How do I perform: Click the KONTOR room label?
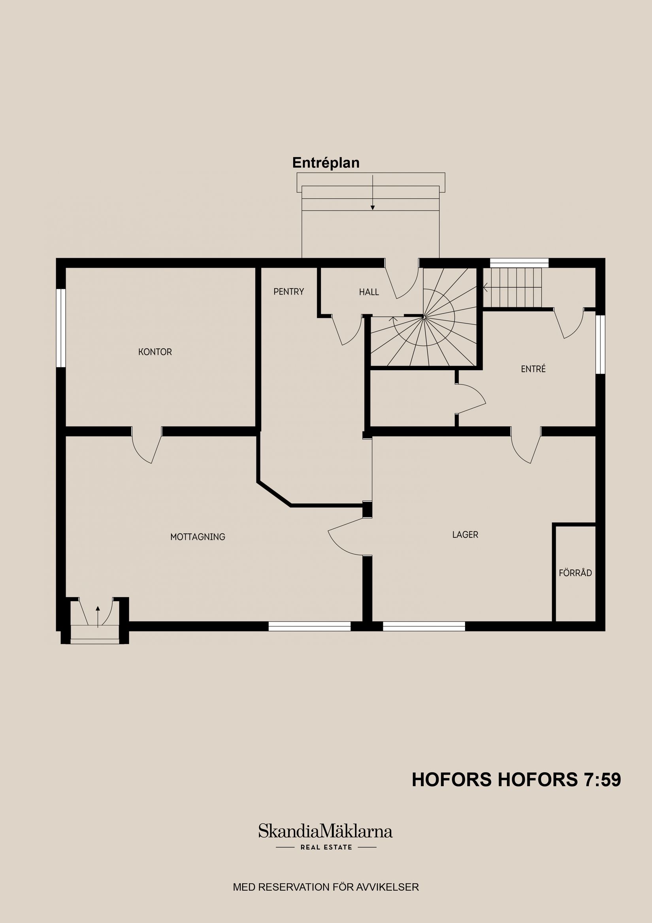coord(155,352)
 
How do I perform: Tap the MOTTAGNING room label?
coord(198,537)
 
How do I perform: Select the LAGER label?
coord(465,535)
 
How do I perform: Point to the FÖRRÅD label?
coord(575,573)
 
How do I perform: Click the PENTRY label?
coord(288,291)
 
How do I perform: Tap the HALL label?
coord(369,292)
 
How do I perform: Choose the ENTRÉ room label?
coord(533,369)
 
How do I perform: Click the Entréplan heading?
coord(326,163)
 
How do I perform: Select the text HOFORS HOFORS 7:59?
coord(516,780)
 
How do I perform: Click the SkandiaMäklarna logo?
coord(325,831)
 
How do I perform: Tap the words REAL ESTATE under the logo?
coord(326,847)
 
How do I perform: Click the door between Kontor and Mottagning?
coord(147,446)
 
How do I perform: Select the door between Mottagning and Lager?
coord(347,537)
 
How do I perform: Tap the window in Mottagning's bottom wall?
coord(309,626)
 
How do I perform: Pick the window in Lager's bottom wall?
coord(424,626)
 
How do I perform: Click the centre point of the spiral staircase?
coord(424,318)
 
